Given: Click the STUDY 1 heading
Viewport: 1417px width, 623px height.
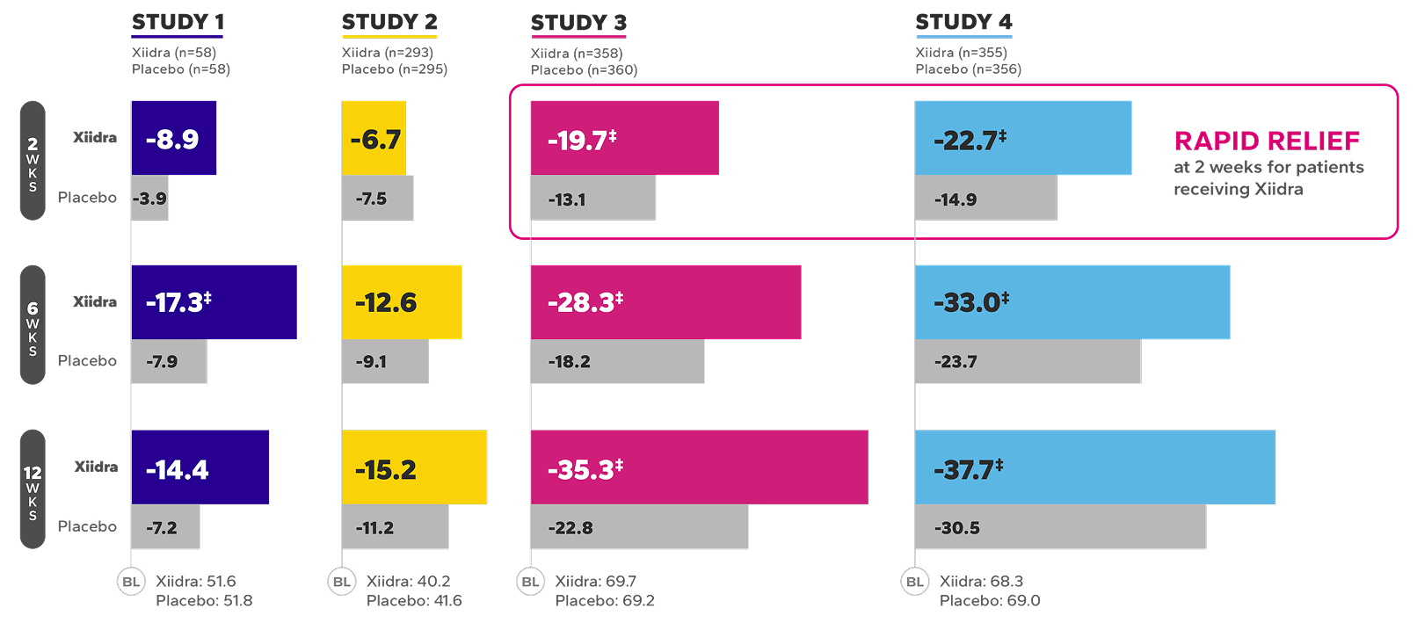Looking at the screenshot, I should [178, 22].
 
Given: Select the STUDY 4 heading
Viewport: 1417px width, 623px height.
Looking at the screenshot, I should [963, 22].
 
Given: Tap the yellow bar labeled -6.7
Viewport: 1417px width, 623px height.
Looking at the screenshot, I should [374, 138].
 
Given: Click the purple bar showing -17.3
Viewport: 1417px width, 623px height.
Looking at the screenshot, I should [214, 302].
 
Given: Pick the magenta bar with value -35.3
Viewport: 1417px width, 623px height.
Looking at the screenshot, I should [699, 467].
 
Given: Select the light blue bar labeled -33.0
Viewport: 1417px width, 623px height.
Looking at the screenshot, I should [1072, 302].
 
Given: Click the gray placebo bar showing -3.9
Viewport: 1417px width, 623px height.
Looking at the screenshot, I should [150, 199].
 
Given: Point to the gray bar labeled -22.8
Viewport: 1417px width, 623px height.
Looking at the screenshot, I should [639, 527].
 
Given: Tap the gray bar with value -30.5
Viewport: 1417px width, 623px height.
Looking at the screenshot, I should [1060, 527].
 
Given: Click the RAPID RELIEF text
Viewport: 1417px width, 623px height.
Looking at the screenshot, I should [1267, 141].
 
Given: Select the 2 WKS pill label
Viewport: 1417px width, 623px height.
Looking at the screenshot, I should [33, 160].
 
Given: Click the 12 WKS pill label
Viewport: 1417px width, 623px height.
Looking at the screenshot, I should [33, 489].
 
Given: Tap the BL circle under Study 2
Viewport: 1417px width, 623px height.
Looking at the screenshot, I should [342, 582].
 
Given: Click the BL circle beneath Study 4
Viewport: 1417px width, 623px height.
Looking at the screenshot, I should [915, 582].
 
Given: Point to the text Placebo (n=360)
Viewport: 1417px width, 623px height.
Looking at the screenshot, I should [584, 70].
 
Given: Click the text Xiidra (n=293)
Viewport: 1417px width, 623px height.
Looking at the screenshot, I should [387, 53].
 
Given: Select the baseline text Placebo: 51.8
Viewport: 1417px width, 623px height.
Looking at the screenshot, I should [204, 601].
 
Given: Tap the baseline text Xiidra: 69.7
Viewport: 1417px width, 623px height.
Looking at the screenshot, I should [595, 582].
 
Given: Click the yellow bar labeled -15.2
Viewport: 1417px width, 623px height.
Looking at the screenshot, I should [414, 467].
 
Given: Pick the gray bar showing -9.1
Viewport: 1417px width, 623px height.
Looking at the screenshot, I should [385, 362].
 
